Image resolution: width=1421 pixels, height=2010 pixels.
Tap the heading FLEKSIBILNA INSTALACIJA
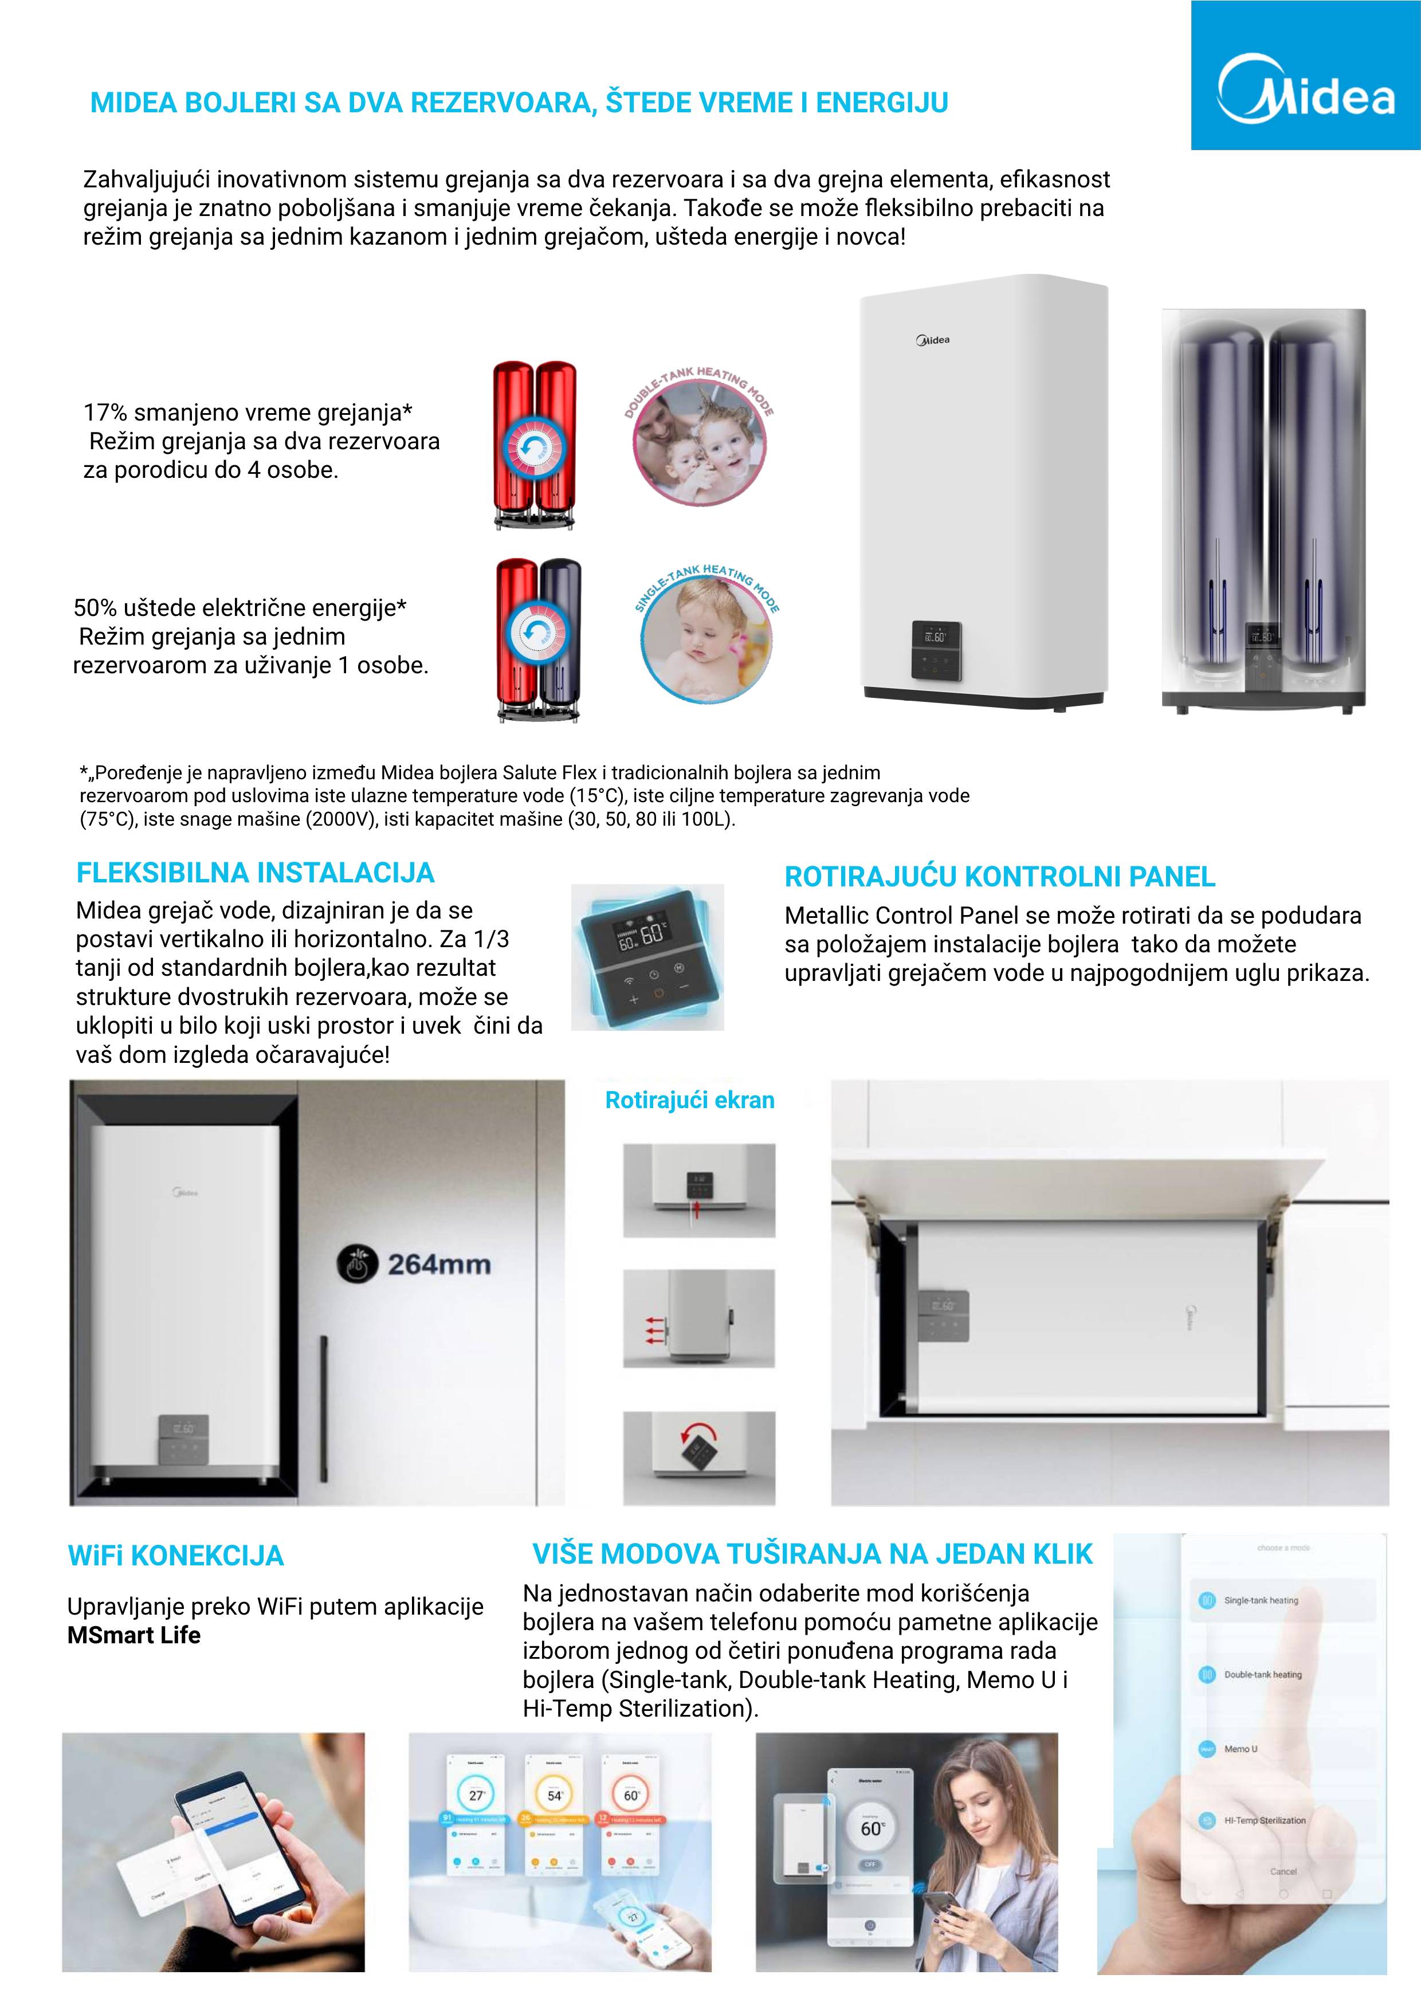pos(255,873)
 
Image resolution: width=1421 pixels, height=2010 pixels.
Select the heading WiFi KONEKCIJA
pos(176,1556)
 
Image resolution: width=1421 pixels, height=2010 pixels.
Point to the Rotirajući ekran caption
pos(689,1101)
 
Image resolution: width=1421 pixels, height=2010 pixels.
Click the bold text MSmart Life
pos(134,1635)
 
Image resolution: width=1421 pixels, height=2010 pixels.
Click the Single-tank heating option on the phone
pos(1260,1600)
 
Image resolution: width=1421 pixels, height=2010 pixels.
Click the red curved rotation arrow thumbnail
pos(698,1457)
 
